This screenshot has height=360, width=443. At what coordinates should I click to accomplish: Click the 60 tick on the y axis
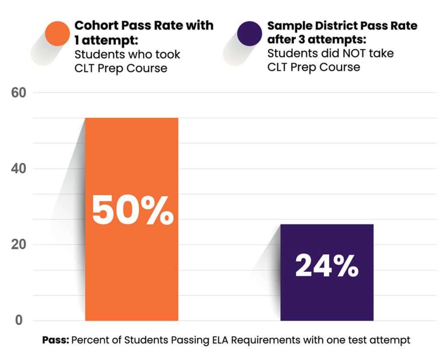coord(18,92)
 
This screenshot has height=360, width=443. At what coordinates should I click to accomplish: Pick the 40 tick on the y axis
coord(18,169)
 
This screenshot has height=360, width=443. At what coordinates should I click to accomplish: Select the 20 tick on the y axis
coord(18,245)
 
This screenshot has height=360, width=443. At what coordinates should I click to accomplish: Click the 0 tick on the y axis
coord(18,321)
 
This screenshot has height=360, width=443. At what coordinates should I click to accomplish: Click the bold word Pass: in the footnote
coord(55,340)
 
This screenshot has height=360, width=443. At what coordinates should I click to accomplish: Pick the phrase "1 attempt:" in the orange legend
coord(106,41)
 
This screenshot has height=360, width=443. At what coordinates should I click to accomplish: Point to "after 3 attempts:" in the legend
coord(317,40)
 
